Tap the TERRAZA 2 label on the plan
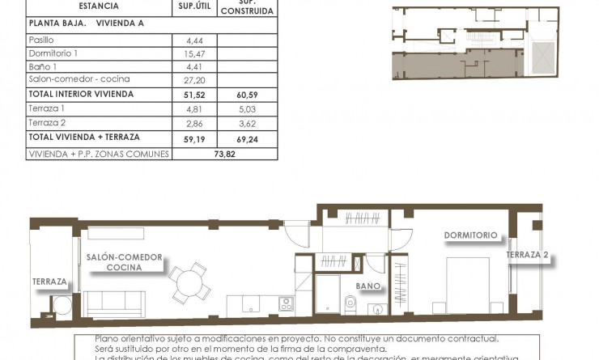(528, 255)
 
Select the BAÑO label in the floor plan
(369, 286)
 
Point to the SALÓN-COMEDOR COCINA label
(124, 262)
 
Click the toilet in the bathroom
(350, 303)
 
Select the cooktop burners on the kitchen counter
(286, 304)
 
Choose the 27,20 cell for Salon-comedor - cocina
(195, 79)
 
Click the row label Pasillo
(40, 39)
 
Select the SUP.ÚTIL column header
(195, 6)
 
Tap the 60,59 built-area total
(249, 94)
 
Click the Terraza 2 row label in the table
(45, 122)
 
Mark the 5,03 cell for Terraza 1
(249, 108)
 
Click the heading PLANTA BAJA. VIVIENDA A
(86, 23)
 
